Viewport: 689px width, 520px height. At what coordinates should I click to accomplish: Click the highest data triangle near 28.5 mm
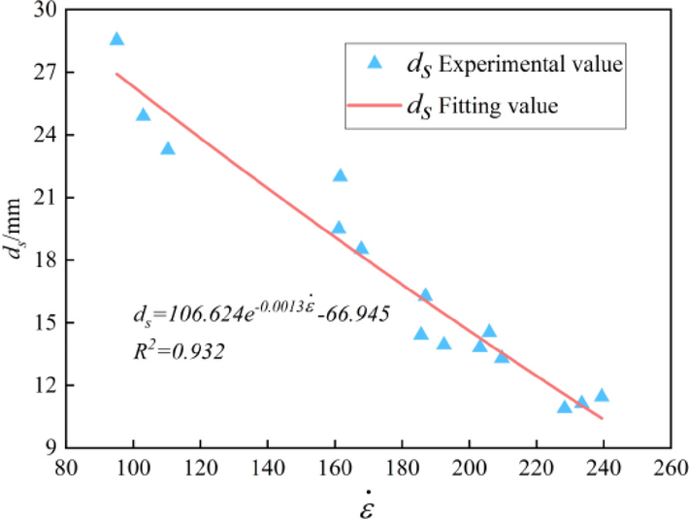116,40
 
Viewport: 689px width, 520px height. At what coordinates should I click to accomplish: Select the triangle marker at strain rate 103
144,115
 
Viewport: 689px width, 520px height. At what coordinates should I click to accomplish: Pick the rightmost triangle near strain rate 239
602,395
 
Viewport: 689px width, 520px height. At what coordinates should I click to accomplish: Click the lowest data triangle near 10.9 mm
565,407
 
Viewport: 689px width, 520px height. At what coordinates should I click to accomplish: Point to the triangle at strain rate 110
168,148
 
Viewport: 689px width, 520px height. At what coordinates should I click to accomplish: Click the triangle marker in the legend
377,63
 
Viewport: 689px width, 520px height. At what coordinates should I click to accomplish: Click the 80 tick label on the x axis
66,469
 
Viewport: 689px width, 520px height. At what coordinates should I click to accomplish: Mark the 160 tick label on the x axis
335,469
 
